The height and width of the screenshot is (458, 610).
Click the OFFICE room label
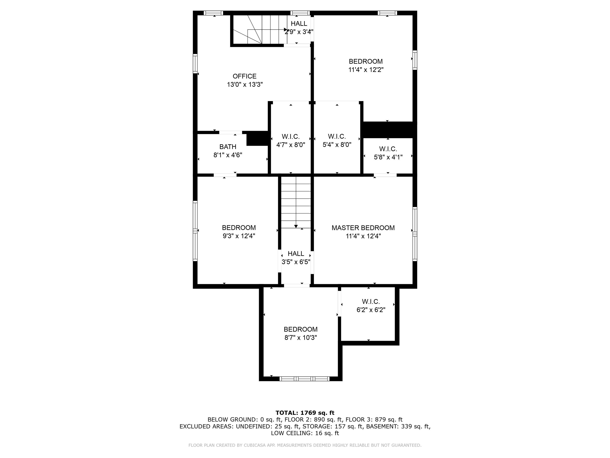[x=244, y=76]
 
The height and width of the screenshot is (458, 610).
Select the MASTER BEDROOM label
[x=363, y=228]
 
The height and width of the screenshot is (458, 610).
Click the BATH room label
[x=228, y=147]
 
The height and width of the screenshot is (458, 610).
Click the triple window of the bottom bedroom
[x=304, y=378]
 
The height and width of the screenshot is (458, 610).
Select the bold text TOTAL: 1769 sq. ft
[x=305, y=413]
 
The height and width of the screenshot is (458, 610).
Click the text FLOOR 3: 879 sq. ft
[x=374, y=420]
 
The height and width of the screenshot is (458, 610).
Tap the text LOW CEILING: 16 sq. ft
[x=305, y=433]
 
